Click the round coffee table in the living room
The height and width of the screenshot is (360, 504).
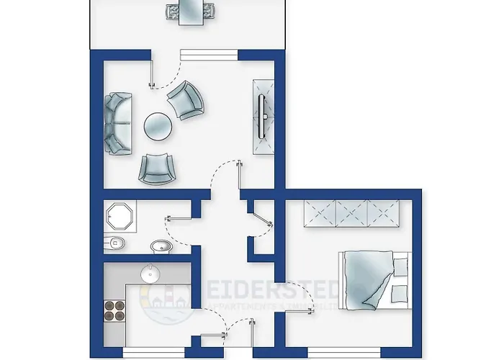click(158, 128)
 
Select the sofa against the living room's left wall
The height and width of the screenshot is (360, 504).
click(117, 123)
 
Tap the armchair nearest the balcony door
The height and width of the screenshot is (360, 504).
click(186, 99)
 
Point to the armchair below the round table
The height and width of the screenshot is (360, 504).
click(157, 168)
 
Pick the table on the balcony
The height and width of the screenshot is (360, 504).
click(191, 11)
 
